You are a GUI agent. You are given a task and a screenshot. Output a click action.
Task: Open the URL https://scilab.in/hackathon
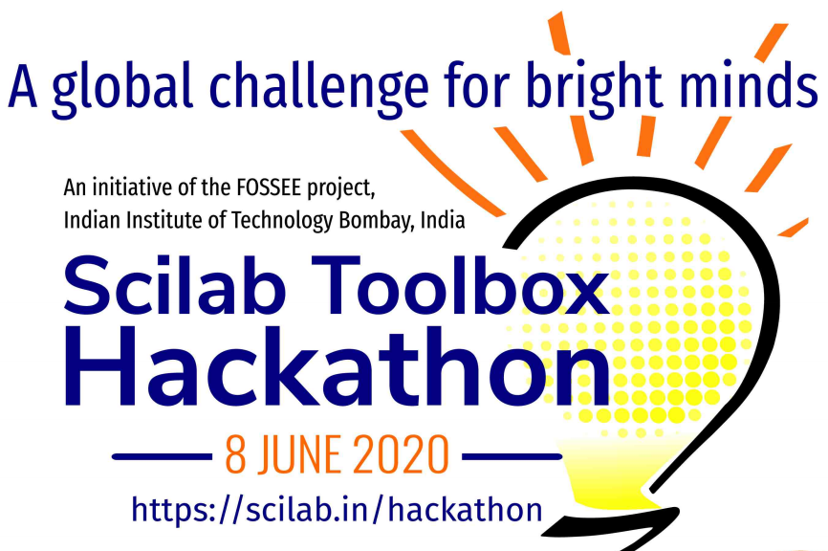click(338, 508)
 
